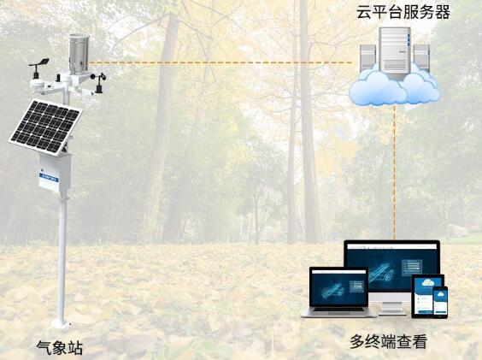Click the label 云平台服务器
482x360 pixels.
click(403, 12)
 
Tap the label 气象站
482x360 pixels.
click(60, 348)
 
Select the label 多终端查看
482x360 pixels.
click(389, 341)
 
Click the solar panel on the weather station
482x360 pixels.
click(45, 127)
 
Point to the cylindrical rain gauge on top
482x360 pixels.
click(79, 54)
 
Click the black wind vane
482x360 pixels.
click(39, 67)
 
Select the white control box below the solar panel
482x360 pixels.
click(55, 174)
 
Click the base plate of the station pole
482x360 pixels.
click(62, 324)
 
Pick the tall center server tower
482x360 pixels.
click(395, 53)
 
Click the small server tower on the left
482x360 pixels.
click(368, 58)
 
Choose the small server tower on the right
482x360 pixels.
click(421, 58)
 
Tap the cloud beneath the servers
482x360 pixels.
click(394, 87)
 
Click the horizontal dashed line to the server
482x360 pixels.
click(220, 62)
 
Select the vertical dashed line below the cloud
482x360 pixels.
click(395, 173)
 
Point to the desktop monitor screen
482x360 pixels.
click(392, 267)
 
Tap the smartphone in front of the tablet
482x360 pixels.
click(440, 302)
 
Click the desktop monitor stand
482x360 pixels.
click(391, 308)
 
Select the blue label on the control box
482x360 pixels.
click(50, 179)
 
